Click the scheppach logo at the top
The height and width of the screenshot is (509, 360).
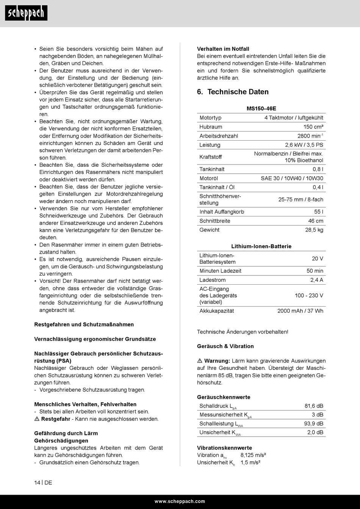click(26, 13)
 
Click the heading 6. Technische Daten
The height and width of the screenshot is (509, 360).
click(233, 92)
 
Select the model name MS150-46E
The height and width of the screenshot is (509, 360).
click(261, 109)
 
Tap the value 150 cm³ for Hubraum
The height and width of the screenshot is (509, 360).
click(313, 127)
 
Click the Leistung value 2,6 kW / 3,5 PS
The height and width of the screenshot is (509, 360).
click(304, 145)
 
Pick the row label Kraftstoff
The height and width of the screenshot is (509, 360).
click(211, 157)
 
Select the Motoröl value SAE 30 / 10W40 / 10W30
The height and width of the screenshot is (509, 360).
click(292, 179)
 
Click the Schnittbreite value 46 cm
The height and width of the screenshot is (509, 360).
click(316, 221)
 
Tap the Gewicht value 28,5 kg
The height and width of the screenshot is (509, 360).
click(314, 230)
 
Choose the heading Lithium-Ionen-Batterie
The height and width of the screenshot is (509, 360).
click(261, 246)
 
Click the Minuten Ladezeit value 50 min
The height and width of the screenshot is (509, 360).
click(315, 271)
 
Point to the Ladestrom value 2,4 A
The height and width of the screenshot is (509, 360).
click(317, 280)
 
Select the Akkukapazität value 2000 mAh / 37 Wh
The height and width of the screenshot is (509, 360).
click(300, 311)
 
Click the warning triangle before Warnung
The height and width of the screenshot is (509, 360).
click(200, 361)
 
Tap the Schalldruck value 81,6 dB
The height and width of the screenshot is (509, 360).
click(314, 406)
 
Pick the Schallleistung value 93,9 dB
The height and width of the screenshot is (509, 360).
click(313, 424)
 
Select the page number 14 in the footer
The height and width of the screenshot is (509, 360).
click(37, 483)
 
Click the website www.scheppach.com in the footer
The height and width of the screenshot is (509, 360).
click(180, 501)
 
